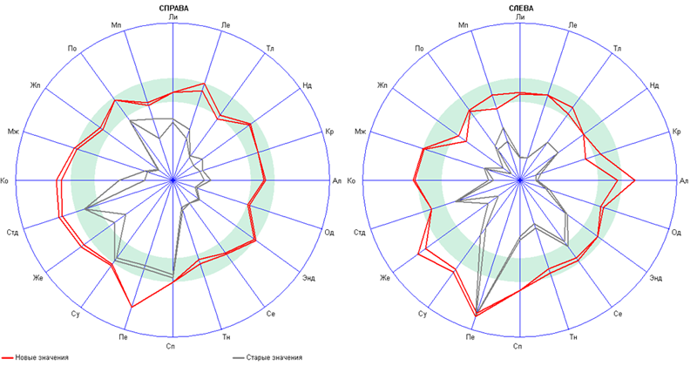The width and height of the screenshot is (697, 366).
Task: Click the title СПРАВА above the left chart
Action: click(x=173, y=8)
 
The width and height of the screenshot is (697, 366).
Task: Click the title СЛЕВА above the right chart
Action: click(x=521, y=8)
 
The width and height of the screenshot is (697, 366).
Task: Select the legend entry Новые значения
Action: click(x=42, y=358)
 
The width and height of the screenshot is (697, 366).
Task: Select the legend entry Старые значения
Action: click(x=274, y=358)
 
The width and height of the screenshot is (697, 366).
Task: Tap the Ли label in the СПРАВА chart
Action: click(x=173, y=17)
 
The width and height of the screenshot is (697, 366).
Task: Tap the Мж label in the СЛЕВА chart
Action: click(x=361, y=131)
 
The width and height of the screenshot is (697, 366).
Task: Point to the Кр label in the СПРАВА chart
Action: click(x=330, y=131)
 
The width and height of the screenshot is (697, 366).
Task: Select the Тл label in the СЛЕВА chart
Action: click(x=618, y=46)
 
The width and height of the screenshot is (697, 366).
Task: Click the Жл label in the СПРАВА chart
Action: click(x=36, y=85)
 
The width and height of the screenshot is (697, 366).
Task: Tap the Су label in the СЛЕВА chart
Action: click(x=423, y=313)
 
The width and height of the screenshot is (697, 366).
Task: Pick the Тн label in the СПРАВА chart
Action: click(x=226, y=336)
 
